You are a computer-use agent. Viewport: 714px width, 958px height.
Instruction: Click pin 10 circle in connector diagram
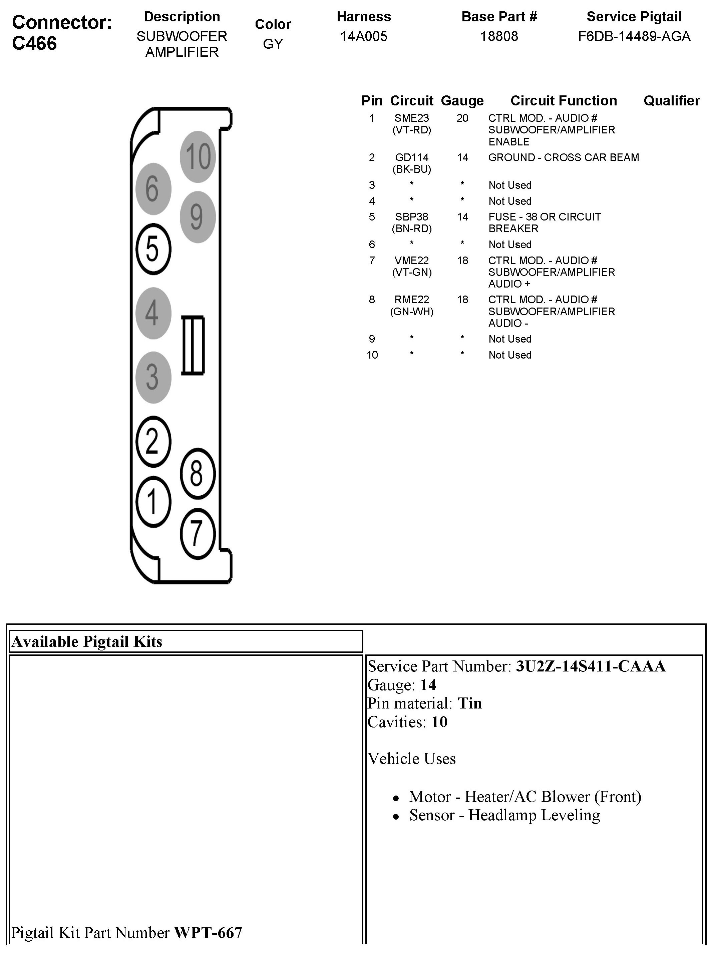(x=198, y=156)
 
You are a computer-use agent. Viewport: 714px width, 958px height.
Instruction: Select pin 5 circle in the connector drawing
(x=153, y=249)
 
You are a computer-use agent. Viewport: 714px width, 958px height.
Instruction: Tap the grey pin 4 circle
(x=153, y=313)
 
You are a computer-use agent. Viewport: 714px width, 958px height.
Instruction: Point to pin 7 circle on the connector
(x=197, y=533)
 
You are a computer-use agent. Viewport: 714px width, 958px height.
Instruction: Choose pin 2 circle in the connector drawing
(x=153, y=441)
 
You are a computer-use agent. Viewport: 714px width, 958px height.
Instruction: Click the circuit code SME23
(x=411, y=118)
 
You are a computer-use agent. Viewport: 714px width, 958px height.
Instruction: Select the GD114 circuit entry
(x=411, y=157)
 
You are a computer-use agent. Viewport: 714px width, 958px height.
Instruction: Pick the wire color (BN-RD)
(x=411, y=228)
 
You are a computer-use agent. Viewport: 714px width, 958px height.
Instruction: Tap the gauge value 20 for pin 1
(x=462, y=118)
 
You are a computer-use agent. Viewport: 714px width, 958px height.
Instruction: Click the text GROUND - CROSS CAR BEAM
(x=563, y=157)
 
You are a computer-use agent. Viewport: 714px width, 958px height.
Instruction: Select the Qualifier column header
(x=671, y=101)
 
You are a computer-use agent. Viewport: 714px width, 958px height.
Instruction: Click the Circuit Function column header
(x=563, y=101)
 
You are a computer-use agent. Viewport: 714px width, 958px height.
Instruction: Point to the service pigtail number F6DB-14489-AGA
(x=634, y=36)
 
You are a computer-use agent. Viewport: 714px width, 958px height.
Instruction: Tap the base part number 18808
(x=499, y=36)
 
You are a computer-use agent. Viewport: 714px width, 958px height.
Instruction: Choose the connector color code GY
(x=273, y=44)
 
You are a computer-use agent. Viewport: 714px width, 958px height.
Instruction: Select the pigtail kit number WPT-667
(x=208, y=933)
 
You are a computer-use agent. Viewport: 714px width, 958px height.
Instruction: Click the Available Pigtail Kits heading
(x=87, y=641)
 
